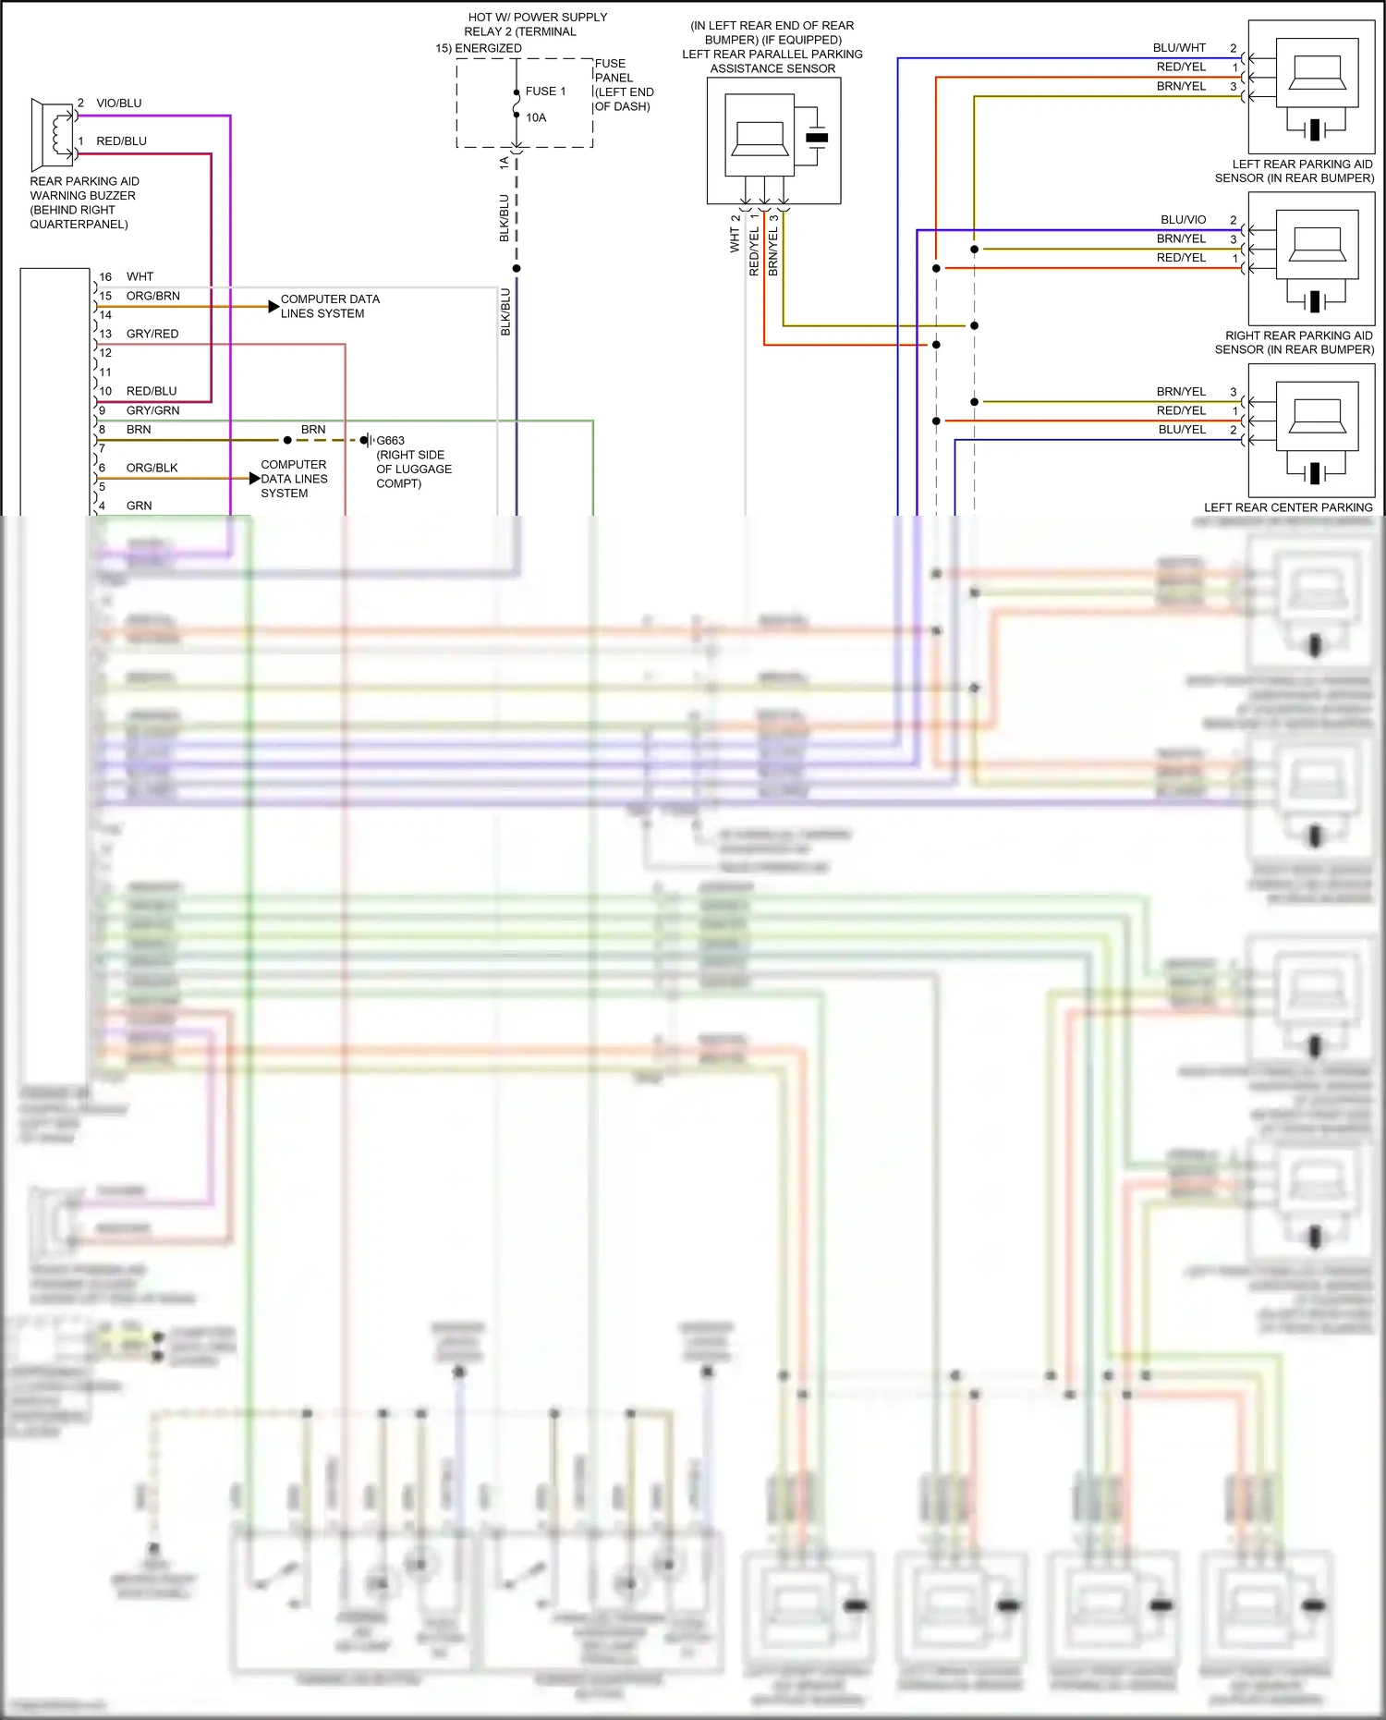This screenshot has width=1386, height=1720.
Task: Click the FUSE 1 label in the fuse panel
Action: click(x=545, y=91)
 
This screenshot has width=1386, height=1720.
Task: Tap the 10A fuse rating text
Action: click(x=536, y=117)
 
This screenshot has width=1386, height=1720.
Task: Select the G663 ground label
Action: click(x=390, y=441)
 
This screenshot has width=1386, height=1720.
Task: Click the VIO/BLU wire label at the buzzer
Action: click(x=119, y=104)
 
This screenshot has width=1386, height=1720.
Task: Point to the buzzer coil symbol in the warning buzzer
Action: click(x=62, y=133)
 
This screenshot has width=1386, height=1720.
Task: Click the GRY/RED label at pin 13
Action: click(x=152, y=334)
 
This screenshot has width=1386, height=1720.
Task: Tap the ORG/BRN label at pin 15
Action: click(x=153, y=296)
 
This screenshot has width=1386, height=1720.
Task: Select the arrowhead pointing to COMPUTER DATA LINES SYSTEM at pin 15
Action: click(x=274, y=306)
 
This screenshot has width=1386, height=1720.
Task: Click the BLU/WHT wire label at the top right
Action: click(x=1179, y=48)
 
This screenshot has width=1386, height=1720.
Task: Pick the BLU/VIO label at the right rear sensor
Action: click(x=1184, y=220)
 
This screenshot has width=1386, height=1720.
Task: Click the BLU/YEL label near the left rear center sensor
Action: click(x=1182, y=430)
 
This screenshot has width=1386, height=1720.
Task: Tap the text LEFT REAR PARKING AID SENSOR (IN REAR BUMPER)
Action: click(x=1294, y=171)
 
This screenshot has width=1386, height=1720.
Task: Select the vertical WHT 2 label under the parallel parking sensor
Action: click(x=735, y=234)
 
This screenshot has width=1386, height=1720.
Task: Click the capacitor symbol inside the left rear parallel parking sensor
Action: click(x=817, y=137)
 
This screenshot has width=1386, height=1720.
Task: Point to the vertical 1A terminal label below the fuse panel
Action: click(x=504, y=163)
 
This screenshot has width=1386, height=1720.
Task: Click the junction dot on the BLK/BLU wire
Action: click(x=517, y=269)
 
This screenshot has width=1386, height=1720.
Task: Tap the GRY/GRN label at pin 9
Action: click(x=153, y=410)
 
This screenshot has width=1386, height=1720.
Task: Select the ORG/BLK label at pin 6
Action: click(x=152, y=468)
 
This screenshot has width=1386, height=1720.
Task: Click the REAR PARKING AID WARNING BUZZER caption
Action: click(x=83, y=202)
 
